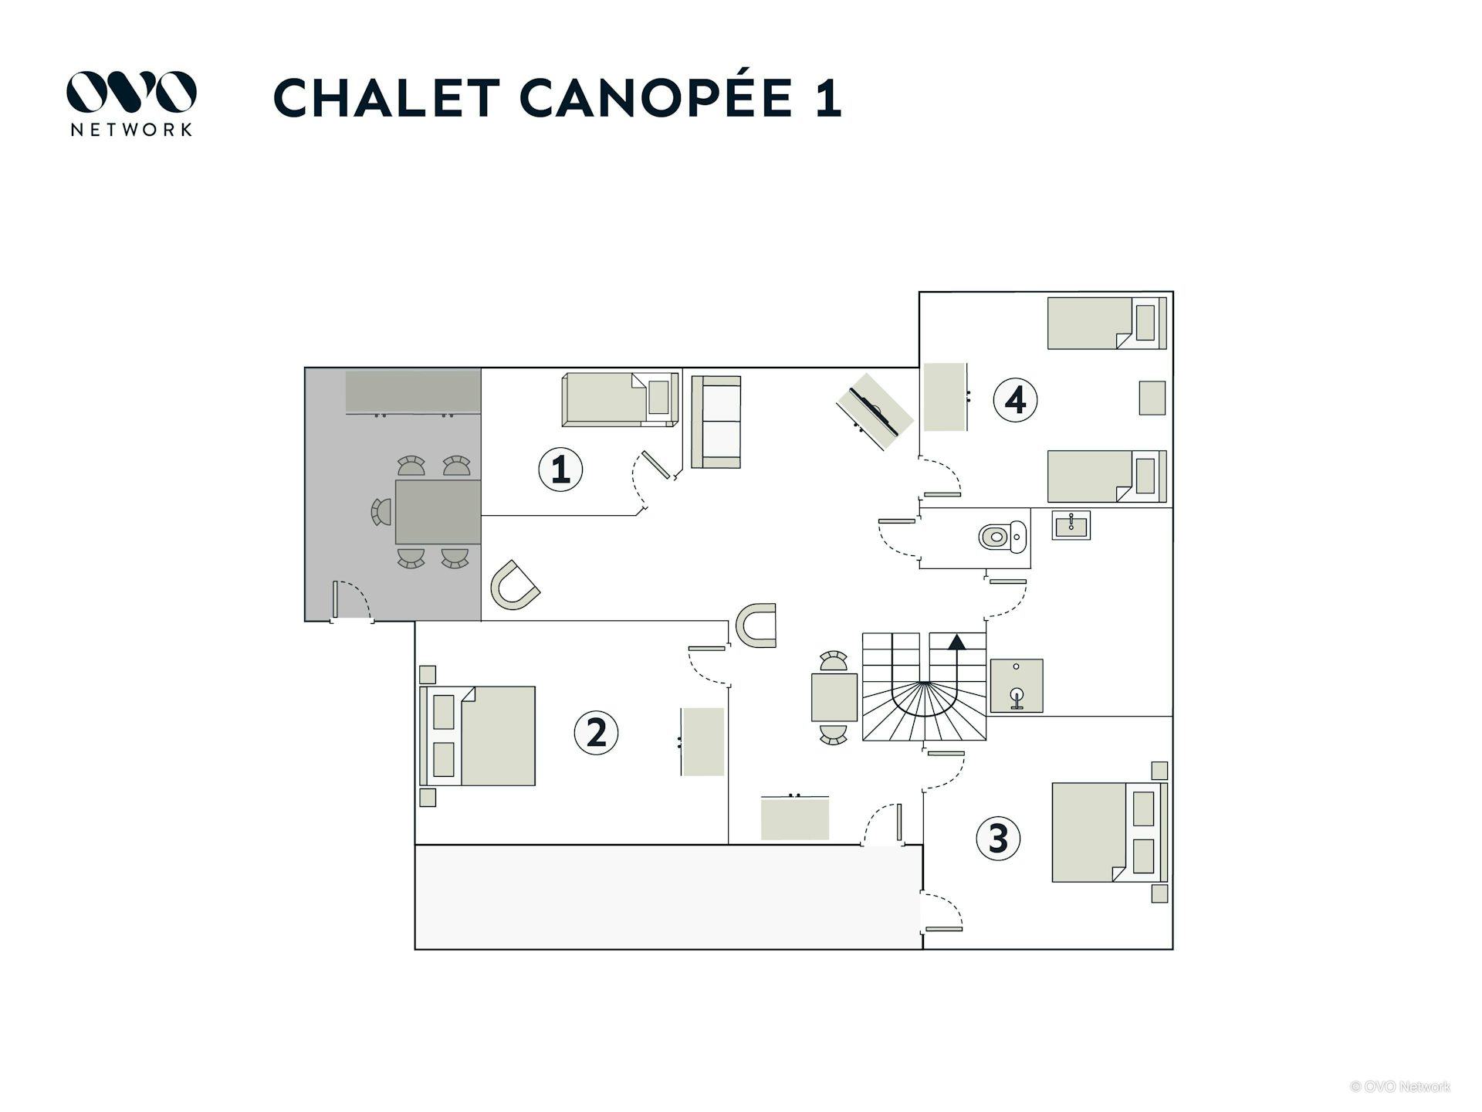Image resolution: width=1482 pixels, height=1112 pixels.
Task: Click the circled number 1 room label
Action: coord(560,470)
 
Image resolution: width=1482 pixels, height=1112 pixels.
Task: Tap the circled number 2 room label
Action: coord(596,732)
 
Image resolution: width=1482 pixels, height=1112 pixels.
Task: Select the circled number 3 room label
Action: coord(998,839)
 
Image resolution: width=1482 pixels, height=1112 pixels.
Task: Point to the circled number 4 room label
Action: coord(1015,400)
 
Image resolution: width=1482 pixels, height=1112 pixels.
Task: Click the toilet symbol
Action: coord(1003,536)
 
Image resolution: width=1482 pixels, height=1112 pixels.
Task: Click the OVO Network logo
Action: coord(131,103)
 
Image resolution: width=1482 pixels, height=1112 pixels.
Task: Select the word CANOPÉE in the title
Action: coord(656,98)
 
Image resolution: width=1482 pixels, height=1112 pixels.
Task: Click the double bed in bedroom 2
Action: coord(477,736)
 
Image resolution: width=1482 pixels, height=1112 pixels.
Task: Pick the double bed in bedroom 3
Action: coord(1109,832)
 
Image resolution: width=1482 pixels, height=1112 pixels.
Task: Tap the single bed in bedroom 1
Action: coord(620,399)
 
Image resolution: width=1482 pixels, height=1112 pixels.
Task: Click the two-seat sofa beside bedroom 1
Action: coord(716,422)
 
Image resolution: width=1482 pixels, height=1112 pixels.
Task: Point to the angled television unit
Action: coord(875,412)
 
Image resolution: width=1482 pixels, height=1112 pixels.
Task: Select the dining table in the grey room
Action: coord(438,512)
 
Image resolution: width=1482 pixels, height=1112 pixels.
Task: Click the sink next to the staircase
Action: coord(1017,686)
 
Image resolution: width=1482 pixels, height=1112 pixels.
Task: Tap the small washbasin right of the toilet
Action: coord(1071,526)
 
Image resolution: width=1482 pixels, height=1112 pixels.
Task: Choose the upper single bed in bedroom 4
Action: coord(1107,323)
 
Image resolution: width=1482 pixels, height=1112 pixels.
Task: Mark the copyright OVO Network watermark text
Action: coord(1400,1087)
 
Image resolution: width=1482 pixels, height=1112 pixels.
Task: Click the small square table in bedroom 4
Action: coord(1152,398)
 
